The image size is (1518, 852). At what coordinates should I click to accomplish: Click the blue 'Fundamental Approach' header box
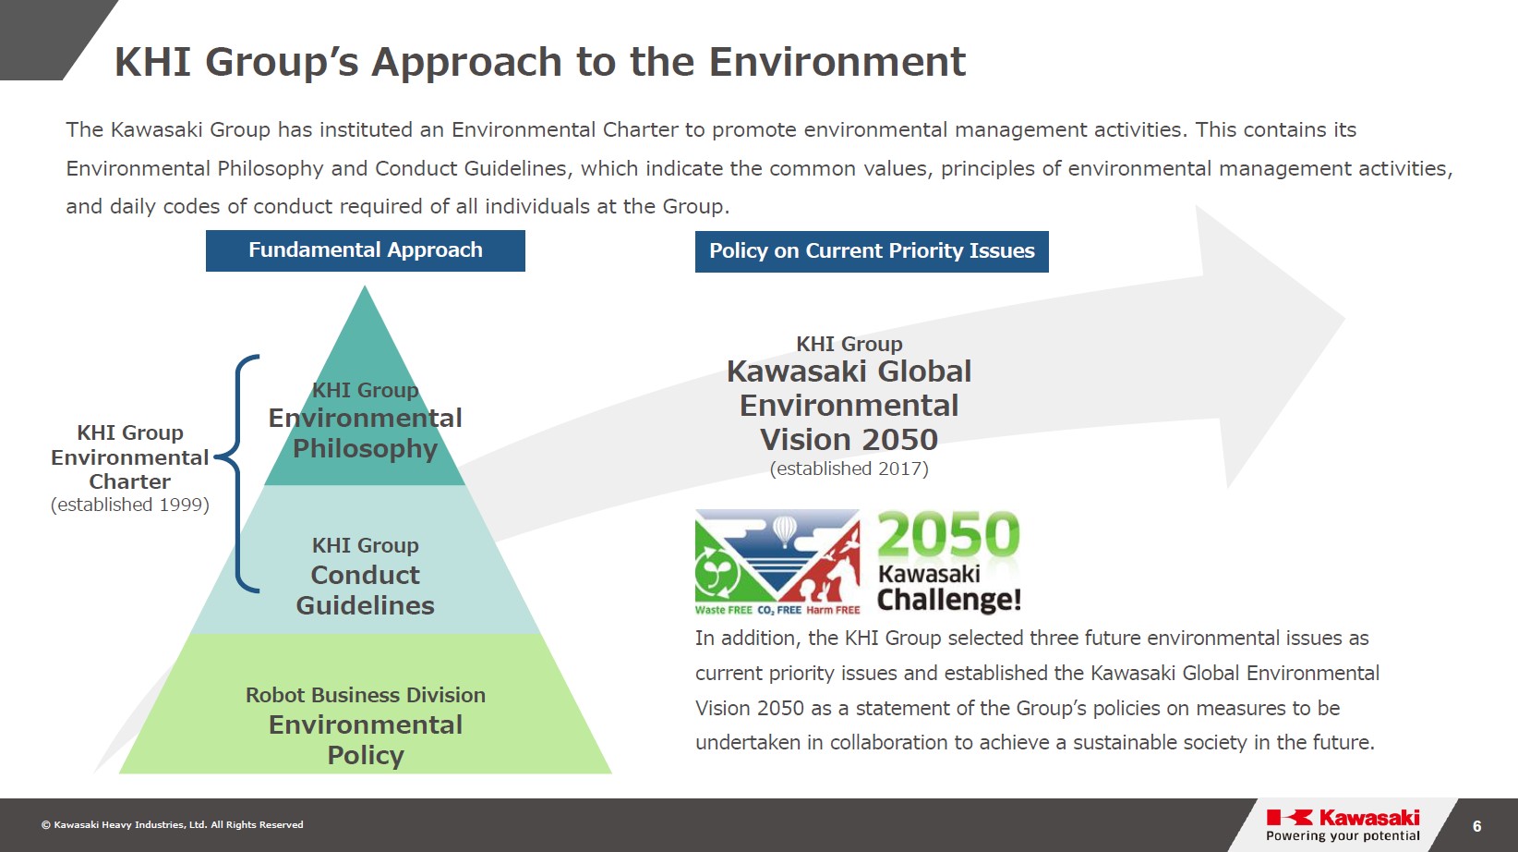click(x=366, y=251)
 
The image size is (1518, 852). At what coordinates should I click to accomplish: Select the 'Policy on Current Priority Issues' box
click(x=872, y=251)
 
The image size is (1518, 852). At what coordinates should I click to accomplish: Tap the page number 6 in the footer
click(x=1476, y=826)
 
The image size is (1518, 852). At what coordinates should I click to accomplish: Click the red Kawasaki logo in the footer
click(x=1343, y=818)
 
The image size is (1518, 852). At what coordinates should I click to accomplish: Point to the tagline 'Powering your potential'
click(x=1343, y=835)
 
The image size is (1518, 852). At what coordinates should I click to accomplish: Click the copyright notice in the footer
click(x=172, y=825)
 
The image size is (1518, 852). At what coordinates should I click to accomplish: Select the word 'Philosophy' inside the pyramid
click(x=366, y=449)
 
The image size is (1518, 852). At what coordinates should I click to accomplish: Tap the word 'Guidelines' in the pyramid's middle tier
click(x=366, y=605)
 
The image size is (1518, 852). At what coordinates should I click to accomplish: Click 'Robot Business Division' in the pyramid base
click(x=366, y=695)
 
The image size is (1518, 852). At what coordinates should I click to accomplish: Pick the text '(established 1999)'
click(x=130, y=505)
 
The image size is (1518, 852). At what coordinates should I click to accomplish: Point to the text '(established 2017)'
click(x=849, y=469)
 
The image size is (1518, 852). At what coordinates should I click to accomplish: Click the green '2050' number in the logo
click(x=949, y=535)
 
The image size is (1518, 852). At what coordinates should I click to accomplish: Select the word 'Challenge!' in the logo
click(x=949, y=600)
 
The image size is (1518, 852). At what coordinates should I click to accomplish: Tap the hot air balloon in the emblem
click(x=784, y=530)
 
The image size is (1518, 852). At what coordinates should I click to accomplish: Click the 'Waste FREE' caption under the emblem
click(x=723, y=610)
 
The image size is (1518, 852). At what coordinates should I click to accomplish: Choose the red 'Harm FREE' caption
click(x=833, y=610)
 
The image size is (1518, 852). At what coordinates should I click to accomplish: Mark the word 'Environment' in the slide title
click(x=837, y=62)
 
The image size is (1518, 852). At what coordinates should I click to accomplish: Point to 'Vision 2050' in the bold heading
click(x=849, y=440)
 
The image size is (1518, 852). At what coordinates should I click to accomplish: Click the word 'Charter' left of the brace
click(x=130, y=481)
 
